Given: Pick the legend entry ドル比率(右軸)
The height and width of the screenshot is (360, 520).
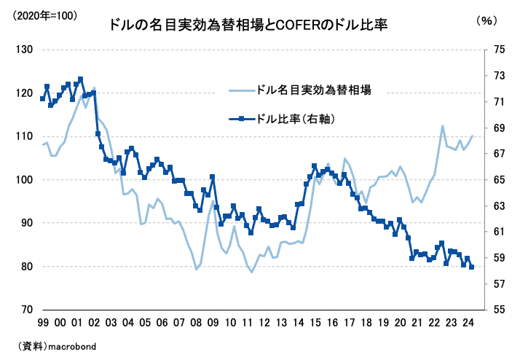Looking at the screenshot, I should (x=295, y=118).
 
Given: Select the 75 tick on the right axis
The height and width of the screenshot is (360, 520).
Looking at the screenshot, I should (x=499, y=50).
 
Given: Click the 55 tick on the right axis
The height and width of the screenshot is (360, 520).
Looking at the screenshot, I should (x=499, y=310).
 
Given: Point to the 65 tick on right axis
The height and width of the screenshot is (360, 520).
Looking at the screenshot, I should (x=499, y=180).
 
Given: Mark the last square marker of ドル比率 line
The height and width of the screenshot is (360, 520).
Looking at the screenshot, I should (x=472, y=267).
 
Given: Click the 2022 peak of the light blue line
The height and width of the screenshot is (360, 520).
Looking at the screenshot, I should (x=443, y=126).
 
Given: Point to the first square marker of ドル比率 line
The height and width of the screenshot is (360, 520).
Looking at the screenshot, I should (x=43, y=98).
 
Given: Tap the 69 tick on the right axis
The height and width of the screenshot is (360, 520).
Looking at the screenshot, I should (x=499, y=128).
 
